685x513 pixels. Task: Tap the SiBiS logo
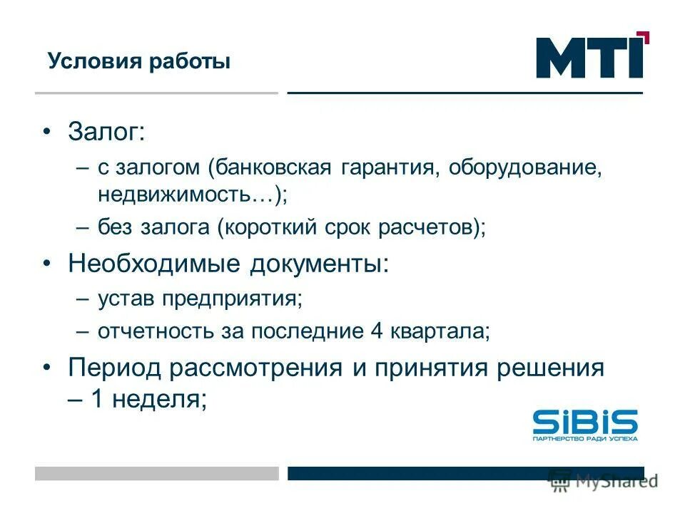click(585, 425)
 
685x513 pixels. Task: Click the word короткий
click(267, 228)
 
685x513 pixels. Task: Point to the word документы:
click(320, 264)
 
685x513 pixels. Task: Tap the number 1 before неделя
click(97, 400)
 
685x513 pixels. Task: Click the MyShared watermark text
click(616, 481)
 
